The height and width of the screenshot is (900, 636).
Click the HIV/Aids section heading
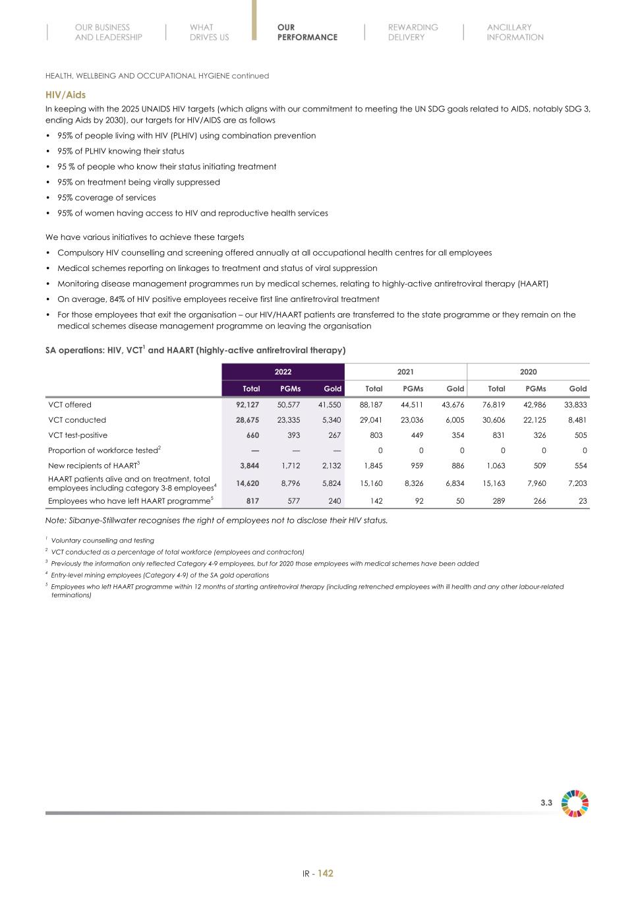(65, 95)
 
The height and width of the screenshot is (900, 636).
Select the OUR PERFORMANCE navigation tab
(307, 32)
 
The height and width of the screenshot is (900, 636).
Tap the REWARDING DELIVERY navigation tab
(413, 32)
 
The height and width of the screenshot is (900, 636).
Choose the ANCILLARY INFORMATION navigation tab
(515, 32)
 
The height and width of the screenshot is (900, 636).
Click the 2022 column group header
(283, 372)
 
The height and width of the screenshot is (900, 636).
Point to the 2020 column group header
(528, 372)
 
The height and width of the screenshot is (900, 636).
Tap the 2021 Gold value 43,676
(452, 405)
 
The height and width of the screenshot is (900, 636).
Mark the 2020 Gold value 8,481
(577, 420)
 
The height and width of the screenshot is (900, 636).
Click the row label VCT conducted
(77, 420)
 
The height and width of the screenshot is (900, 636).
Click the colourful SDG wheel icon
(575, 803)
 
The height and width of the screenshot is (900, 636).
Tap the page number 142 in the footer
(326, 874)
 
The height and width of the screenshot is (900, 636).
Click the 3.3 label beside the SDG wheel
(546, 803)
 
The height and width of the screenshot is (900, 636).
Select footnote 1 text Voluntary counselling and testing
(102, 541)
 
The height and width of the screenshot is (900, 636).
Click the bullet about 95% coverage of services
(107, 198)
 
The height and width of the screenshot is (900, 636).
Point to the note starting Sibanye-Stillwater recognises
(216, 520)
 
